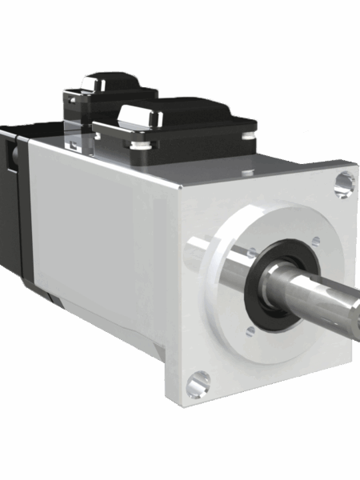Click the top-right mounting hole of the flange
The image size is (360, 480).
343,184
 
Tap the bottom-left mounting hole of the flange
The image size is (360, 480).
198,383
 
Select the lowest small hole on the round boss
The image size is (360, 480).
250,330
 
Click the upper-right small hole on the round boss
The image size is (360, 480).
316,240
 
